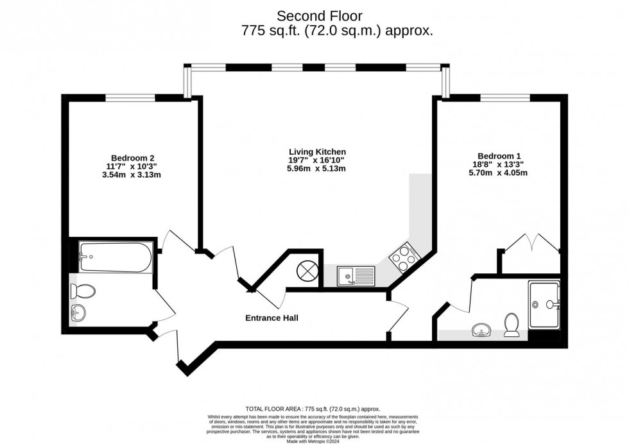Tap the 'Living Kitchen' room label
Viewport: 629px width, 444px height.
[x=317, y=152]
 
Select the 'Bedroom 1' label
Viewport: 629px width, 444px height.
[x=499, y=156]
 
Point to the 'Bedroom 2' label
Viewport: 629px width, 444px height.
[x=133, y=158]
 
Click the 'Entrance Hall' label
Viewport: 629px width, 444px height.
[x=272, y=318]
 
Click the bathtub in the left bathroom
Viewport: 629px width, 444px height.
[x=116, y=257]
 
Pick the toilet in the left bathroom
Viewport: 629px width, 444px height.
[x=83, y=292]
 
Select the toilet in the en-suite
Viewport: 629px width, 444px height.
[x=512, y=324]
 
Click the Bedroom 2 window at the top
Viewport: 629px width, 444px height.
[x=130, y=98]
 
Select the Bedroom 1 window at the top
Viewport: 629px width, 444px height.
[x=505, y=98]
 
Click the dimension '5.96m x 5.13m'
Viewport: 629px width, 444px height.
[x=317, y=169]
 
